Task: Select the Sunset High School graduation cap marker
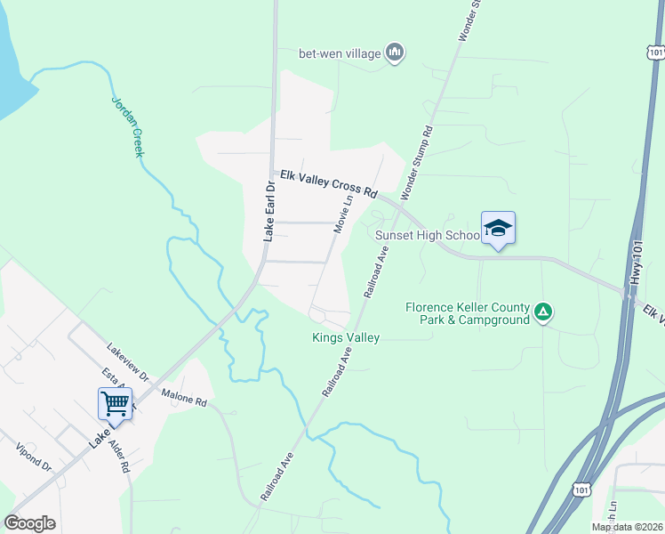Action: tap(498, 229)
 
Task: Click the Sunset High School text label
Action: tap(428, 236)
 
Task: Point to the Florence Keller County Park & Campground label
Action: tap(468, 313)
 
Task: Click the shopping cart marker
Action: tap(115, 403)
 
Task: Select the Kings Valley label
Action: tap(346, 337)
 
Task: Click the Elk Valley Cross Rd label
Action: tap(329, 185)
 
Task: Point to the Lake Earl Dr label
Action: tap(268, 210)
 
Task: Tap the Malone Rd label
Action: tap(183, 397)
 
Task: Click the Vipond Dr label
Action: tap(34, 460)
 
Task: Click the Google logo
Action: tap(29, 523)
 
